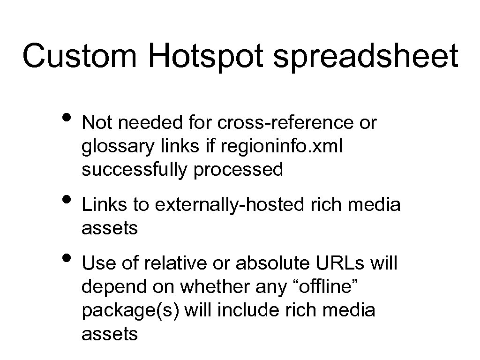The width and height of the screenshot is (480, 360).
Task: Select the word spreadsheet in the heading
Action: pyautogui.click(x=365, y=57)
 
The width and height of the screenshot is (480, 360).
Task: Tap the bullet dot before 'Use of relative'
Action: pyautogui.click(x=67, y=257)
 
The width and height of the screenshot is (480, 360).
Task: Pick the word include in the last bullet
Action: pyautogui.click(x=257, y=310)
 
